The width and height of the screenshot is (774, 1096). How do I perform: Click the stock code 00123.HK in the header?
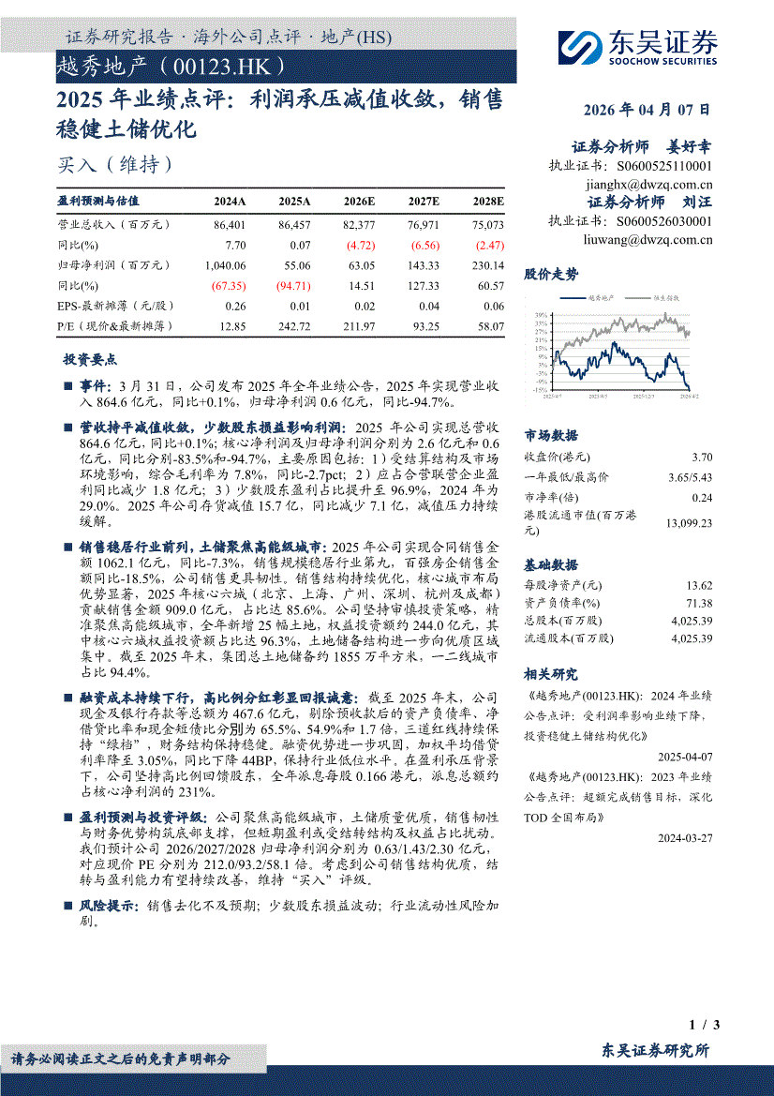coord(227,68)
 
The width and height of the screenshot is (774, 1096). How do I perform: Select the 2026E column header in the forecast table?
coord(360,201)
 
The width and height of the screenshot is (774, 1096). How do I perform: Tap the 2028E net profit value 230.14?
coord(487,265)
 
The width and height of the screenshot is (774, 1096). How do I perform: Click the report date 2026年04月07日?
coord(647,110)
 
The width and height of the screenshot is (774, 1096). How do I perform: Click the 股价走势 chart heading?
coord(551,275)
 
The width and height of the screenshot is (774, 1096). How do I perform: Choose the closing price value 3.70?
coord(701,458)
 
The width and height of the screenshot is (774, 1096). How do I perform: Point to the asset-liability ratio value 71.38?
coord(699,604)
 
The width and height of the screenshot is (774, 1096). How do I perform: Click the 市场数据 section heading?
coord(551,436)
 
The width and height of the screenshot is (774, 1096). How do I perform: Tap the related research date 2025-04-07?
coord(685,756)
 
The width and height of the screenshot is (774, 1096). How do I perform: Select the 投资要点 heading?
coord(90,360)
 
